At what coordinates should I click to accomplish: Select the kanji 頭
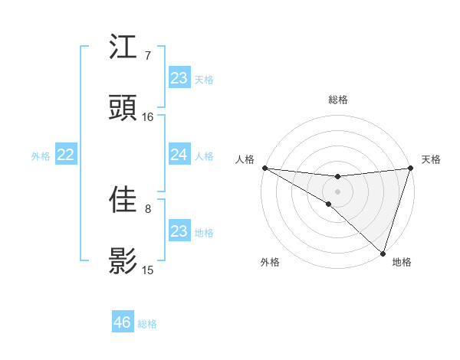coord(123,108)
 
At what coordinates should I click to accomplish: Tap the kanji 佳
coord(123,199)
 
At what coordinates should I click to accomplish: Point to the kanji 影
coord(123,261)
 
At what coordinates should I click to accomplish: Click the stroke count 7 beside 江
coord(148,55)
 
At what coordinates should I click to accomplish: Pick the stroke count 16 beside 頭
coord(148,117)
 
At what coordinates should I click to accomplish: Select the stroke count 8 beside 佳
coord(148,208)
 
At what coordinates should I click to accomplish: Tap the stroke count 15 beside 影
coord(148,270)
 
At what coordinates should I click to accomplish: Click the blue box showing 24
coord(179,155)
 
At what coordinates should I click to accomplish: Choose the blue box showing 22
coord(66,155)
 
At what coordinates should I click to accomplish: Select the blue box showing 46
coord(123,322)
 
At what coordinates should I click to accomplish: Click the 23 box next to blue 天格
coord(179,77)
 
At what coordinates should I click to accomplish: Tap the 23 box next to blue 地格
coord(179,231)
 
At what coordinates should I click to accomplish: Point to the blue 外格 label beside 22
coord(41,155)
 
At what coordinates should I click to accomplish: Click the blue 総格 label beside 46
coord(147,324)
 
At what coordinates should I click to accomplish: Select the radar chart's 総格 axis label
coord(337,100)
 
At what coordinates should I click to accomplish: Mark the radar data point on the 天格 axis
coord(410,168)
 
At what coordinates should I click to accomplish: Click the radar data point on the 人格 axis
coord(264,168)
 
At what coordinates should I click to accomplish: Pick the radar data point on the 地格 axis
coord(383,253)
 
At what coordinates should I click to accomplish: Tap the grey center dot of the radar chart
coord(337,191)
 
